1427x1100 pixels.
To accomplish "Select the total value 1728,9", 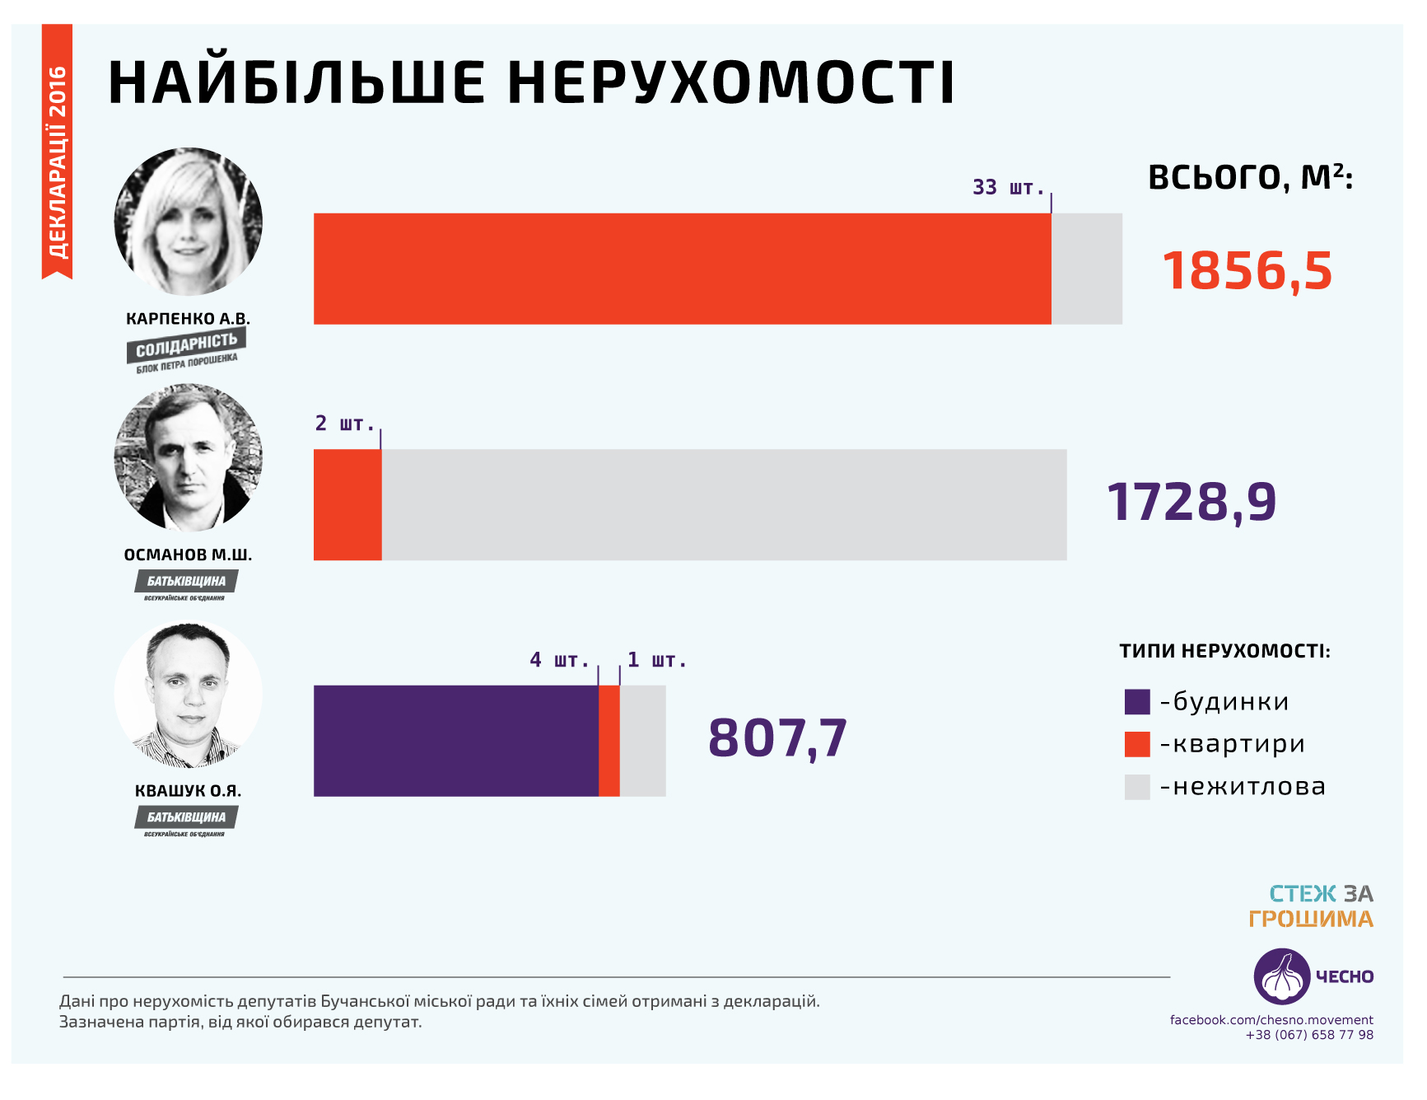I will point(1191,502).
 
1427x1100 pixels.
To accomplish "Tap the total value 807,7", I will point(777,737).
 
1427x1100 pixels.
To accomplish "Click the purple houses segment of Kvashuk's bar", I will point(455,741).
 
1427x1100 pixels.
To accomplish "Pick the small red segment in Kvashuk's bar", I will point(609,741).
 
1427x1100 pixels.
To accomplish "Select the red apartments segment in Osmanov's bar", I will point(347,504).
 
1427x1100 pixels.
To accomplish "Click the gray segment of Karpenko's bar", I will point(1086,269).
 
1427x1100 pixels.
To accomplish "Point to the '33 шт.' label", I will point(1008,188).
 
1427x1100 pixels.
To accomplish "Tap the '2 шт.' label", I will point(344,424).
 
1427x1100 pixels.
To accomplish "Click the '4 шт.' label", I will point(559,660).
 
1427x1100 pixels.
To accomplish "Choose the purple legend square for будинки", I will point(1136,702).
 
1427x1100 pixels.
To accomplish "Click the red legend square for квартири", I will point(1136,744).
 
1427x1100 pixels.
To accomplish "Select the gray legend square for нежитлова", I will point(1136,787).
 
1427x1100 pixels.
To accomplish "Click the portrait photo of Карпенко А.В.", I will point(189,222).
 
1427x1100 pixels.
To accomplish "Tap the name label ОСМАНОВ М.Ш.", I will point(188,555).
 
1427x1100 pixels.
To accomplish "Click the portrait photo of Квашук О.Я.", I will point(189,695).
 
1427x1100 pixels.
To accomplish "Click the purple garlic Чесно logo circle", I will point(1281,976).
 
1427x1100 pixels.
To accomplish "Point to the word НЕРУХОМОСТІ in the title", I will point(730,82).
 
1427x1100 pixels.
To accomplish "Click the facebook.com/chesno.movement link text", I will point(1271,1020).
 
